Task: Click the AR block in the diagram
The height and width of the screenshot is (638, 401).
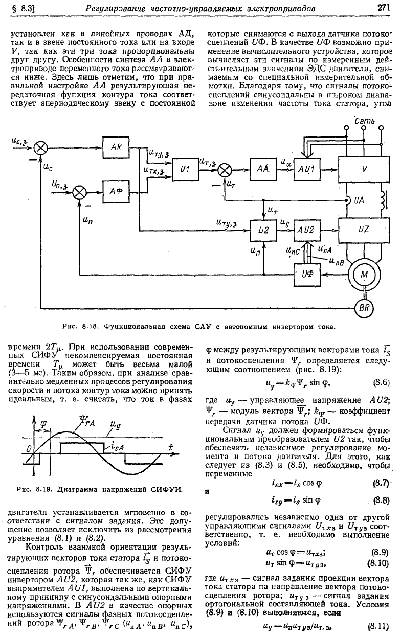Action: point(116,147)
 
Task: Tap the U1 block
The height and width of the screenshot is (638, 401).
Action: point(185,170)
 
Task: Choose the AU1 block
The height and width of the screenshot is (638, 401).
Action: point(307,170)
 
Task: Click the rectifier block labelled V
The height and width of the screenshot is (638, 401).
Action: point(364,169)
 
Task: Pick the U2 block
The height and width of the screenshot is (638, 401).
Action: point(263,230)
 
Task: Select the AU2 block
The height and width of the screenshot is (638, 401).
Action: point(307,230)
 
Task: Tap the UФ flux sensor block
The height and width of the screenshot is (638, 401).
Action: point(307,275)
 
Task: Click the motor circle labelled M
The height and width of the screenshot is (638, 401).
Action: point(364,275)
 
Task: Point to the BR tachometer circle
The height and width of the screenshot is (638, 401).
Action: point(364,308)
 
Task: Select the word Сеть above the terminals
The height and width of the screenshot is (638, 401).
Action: point(365,121)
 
